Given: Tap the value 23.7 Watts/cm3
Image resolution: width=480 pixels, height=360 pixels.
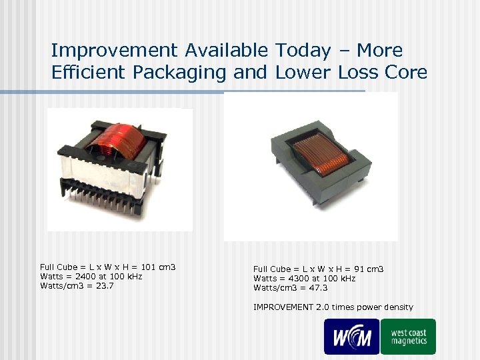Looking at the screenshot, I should tap(103, 285).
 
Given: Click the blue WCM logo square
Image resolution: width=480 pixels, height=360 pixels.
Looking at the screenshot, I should tap(351, 336).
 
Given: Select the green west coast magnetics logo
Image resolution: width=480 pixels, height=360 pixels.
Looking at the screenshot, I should tap(408, 336).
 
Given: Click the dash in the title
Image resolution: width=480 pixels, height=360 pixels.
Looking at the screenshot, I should tap(345, 51).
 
